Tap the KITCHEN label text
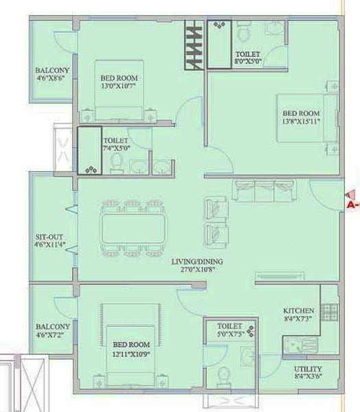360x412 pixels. (x=298, y=310)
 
